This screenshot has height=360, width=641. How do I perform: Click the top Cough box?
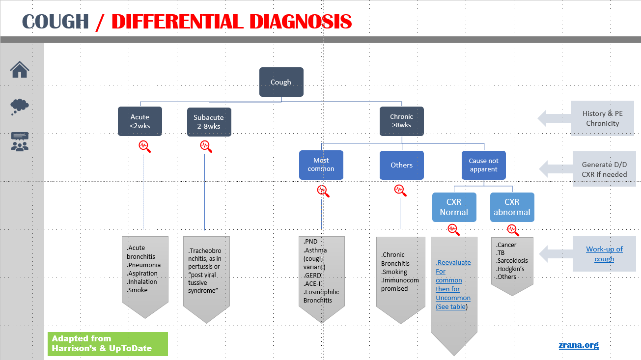coord(281,82)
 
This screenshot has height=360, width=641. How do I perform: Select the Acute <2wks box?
coord(140,121)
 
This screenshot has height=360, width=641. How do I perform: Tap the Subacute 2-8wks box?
coord(209,122)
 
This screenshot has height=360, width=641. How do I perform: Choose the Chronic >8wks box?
coord(401,121)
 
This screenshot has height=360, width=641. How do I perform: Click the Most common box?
coord(321,165)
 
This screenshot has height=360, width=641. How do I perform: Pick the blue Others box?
coord(401,165)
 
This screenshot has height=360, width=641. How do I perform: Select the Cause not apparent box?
coord(483,165)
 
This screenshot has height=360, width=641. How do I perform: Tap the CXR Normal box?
coord(454,207)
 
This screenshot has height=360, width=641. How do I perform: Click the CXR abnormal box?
coord(512,207)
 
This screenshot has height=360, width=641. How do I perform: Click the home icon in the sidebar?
coord(20,69)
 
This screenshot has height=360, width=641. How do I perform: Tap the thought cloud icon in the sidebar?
coord(20,106)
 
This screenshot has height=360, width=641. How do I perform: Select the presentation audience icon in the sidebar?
coord(20,141)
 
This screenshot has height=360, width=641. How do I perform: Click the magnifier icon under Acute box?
coord(144,146)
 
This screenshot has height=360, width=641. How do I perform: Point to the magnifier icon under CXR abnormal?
coord(513,229)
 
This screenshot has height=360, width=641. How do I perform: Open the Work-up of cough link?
coord(604,254)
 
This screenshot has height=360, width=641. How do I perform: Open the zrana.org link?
coord(579,345)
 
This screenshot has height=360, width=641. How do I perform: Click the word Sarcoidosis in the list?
coord(512,261)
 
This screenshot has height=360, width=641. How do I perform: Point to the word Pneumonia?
coord(144,265)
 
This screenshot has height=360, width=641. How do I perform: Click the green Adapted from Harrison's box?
coord(108,344)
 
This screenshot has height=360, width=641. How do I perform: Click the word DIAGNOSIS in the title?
coord(298,22)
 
